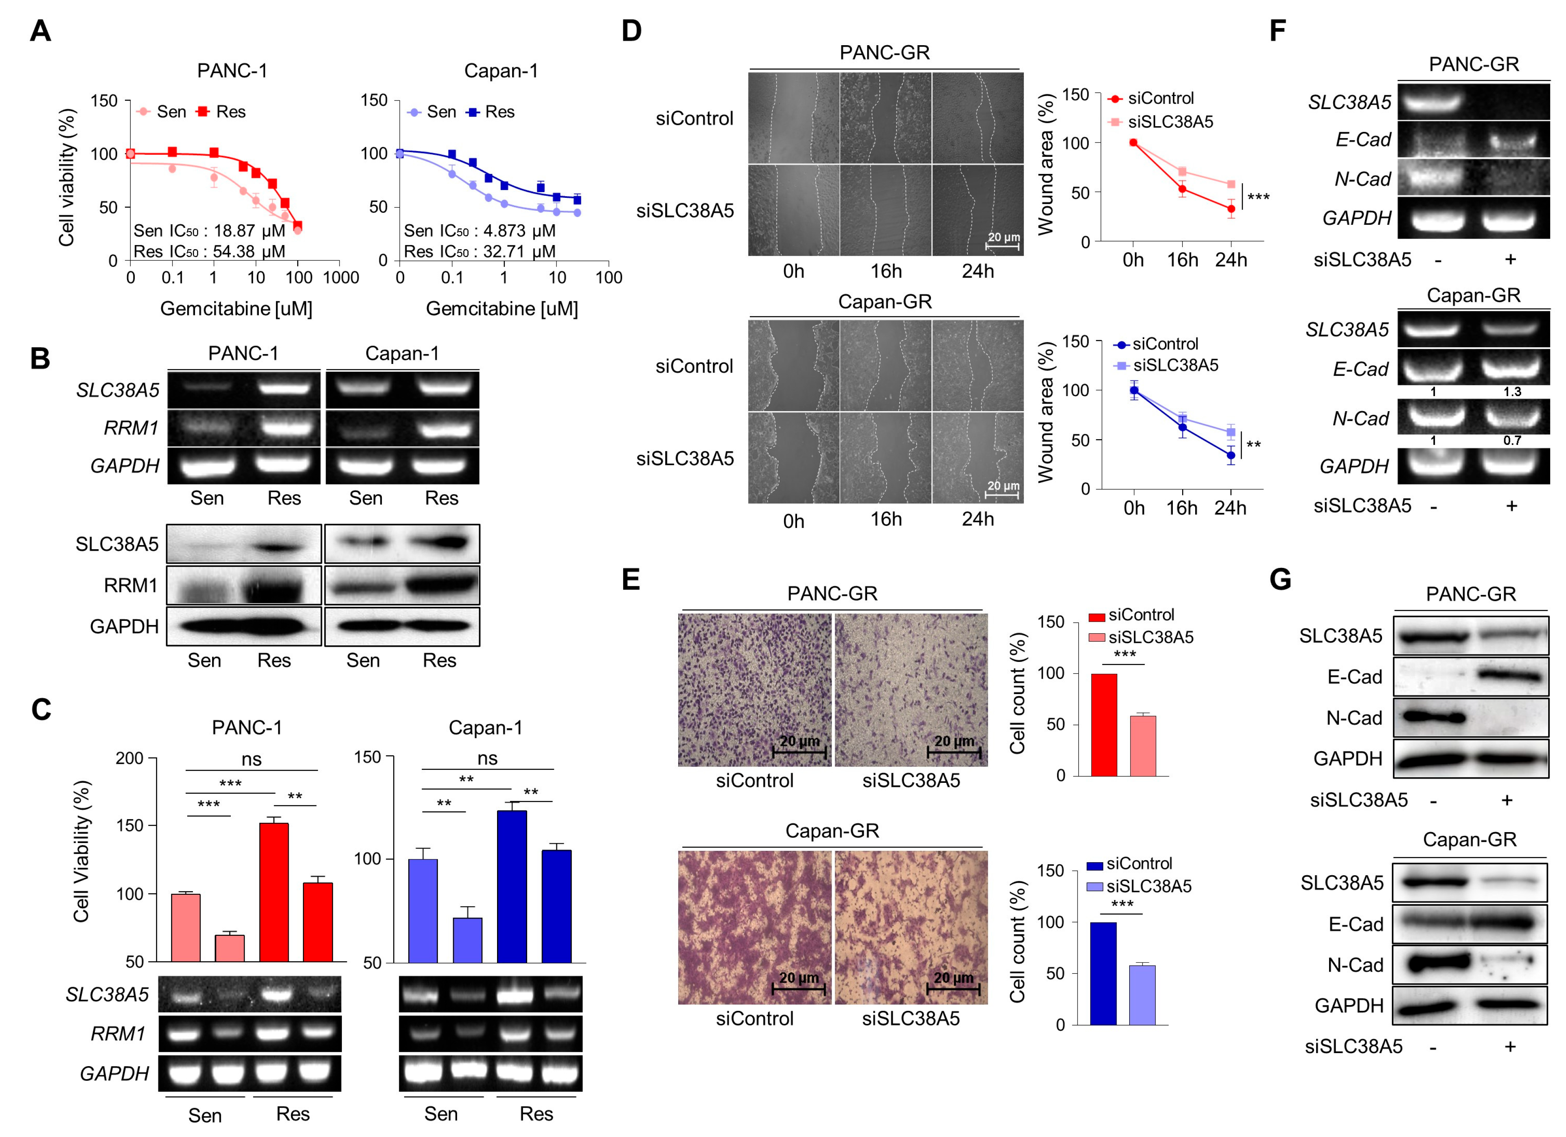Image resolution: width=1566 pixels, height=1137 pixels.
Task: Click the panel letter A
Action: point(40,31)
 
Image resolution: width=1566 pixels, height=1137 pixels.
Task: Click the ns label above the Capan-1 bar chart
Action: point(488,759)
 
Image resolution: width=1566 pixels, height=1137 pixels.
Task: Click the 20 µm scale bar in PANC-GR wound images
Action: point(1003,241)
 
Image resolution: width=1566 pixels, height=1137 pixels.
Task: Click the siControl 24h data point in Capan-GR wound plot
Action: point(1231,455)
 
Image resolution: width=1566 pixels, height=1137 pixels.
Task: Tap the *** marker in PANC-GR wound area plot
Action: point(1258,197)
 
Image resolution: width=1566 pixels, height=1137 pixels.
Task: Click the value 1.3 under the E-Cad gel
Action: point(1512,392)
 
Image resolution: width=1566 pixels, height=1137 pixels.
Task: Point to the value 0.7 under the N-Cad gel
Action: point(1512,440)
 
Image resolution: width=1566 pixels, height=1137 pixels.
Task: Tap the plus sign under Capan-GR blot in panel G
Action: point(1510,1047)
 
